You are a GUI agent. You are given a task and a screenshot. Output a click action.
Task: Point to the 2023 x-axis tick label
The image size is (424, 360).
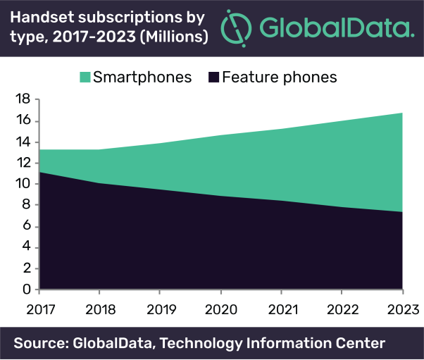402,309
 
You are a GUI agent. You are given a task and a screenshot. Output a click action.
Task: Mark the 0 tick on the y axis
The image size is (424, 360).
26,290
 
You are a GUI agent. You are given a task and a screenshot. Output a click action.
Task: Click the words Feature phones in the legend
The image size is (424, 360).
279,77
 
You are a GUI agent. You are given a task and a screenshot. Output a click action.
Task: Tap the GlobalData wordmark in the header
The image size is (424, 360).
335,29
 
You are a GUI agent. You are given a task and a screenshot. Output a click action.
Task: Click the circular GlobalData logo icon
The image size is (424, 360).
236,28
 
